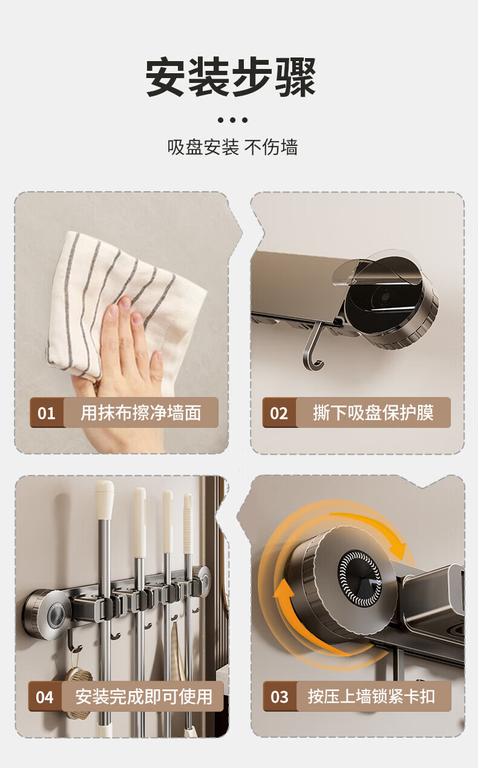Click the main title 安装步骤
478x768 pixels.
coord(231,77)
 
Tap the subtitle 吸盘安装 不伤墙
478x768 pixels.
coord(232,147)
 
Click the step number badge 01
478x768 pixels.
coord(47,413)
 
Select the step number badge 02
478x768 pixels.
coord(279,413)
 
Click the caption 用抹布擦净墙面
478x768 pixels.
coord(140,413)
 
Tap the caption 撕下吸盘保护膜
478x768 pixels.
coord(373,413)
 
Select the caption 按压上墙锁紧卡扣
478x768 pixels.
coord(372,697)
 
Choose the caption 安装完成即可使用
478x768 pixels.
coord(143,697)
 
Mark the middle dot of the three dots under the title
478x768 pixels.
coord(233,120)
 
